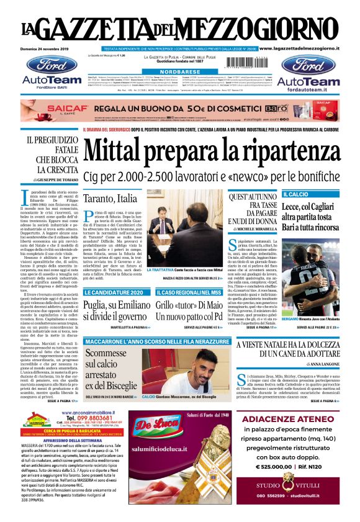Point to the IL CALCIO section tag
point(295,194)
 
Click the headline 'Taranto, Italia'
point(110,199)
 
